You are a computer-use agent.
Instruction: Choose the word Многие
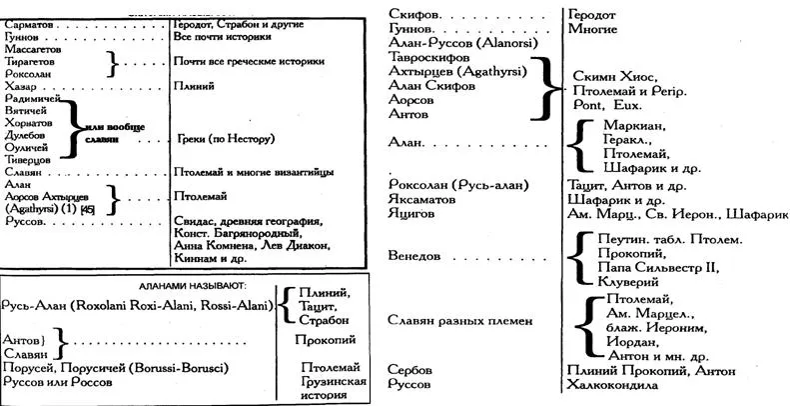tap(591, 30)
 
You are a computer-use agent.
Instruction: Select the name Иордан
tap(633, 341)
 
